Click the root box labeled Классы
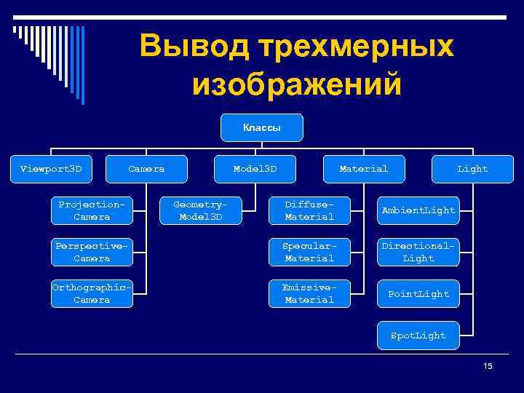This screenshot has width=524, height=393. click(x=262, y=127)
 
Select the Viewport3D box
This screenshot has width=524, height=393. click(x=52, y=169)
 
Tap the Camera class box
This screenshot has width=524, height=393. click(x=146, y=169)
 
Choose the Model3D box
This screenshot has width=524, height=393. click(x=255, y=169)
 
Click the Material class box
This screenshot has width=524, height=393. click(x=363, y=169)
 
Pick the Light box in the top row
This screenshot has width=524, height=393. click(x=472, y=169)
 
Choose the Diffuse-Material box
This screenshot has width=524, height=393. click(x=309, y=210)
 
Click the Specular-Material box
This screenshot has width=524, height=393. click(x=309, y=252)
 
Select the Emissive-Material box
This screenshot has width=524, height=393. click(x=309, y=293)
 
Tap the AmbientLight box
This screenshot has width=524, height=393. click(x=418, y=210)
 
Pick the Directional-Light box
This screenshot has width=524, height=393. click(x=418, y=252)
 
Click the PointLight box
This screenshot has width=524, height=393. click(x=418, y=293)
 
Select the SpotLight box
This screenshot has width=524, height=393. click(x=418, y=336)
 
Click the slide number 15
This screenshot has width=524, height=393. click(x=488, y=365)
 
